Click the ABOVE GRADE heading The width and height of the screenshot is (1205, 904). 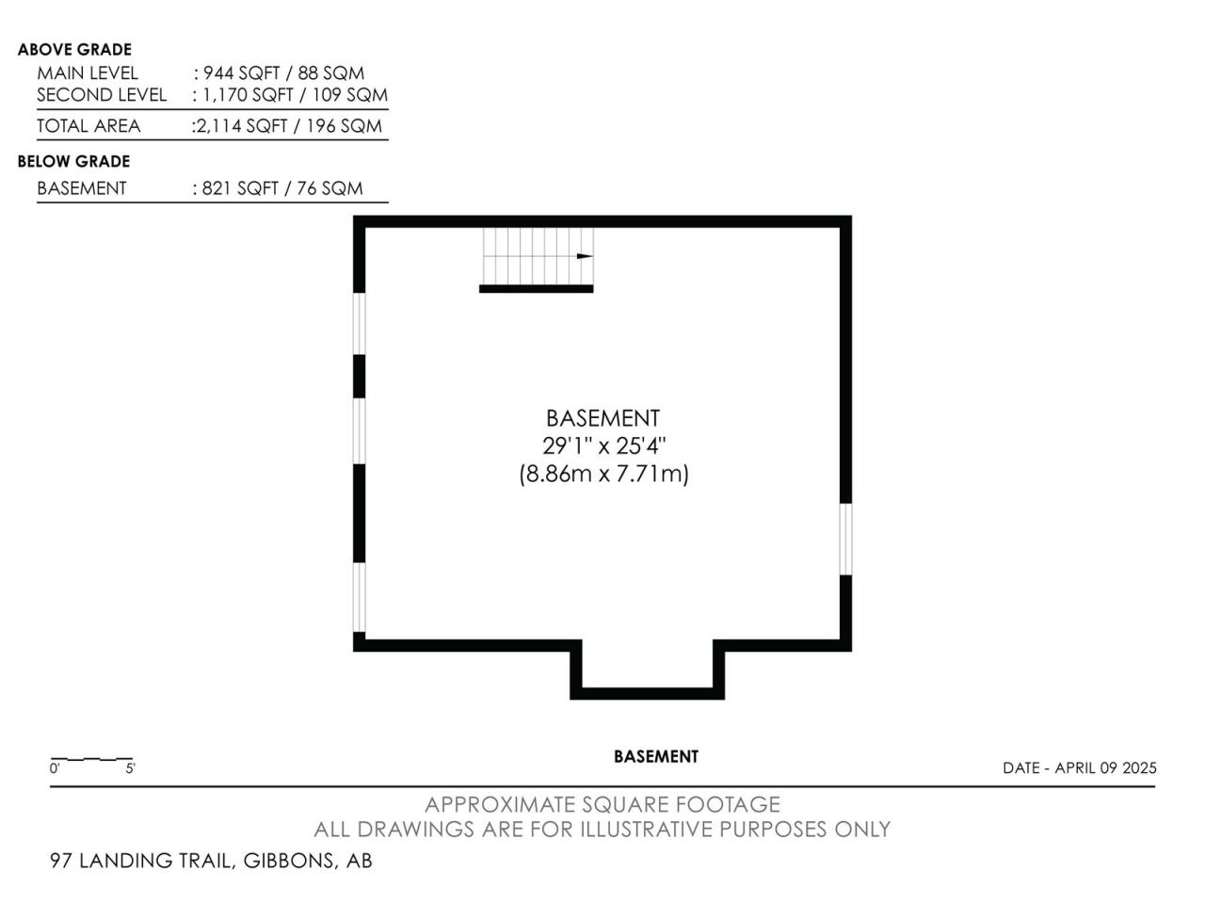[74, 50]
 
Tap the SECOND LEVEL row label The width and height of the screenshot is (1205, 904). [102, 95]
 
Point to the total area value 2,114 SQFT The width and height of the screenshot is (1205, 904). [242, 126]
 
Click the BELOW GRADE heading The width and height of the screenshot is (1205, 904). [73, 161]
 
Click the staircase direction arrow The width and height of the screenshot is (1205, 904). [585, 256]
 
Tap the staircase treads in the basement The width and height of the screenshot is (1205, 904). [538, 256]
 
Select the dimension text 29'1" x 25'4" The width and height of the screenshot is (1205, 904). [603, 445]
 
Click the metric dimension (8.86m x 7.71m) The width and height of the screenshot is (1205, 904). [603, 473]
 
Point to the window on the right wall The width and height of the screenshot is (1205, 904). [846, 539]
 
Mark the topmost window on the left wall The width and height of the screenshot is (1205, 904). [359, 324]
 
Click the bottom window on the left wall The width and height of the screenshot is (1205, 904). [359, 597]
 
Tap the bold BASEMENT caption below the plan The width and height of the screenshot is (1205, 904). [656, 757]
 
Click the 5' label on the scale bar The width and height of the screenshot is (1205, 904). [130, 768]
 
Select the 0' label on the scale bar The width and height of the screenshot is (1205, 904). [55, 768]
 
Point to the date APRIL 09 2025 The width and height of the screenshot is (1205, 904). [1105, 767]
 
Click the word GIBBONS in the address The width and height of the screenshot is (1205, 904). [289, 861]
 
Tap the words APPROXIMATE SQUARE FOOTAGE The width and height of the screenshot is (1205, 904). [602, 804]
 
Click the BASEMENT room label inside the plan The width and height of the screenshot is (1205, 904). [602, 418]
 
